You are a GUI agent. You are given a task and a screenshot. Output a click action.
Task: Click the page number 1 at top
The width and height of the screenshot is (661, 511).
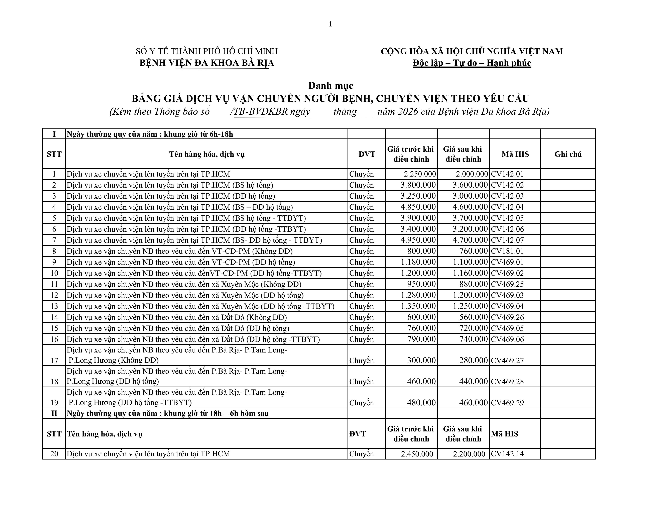click(330, 24)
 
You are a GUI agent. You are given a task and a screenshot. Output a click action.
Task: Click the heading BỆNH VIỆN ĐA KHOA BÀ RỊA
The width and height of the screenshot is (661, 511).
click(207, 63)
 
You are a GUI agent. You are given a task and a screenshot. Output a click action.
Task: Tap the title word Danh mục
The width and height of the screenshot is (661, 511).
click(330, 86)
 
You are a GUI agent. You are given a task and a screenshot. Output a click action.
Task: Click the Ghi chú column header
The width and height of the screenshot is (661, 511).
click(568, 154)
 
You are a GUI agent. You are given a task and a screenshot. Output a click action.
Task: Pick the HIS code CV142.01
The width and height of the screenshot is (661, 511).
click(507, 174)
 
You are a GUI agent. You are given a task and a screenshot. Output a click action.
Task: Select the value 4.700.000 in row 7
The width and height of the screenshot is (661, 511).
click(470, 240)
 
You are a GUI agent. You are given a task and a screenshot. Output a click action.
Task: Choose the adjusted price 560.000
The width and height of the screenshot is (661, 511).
click(473, 317)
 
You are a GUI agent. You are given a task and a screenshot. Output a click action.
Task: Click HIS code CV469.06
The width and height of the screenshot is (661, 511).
click(507, 339)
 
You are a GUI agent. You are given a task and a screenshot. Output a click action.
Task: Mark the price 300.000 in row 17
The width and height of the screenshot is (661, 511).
click(421, 360)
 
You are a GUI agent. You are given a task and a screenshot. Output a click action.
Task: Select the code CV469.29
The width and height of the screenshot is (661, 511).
click(507, 403)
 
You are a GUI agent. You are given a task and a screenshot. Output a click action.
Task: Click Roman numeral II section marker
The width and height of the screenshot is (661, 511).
click(54, 413)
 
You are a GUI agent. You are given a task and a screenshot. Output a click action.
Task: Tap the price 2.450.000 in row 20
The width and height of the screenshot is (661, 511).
click(417, 454)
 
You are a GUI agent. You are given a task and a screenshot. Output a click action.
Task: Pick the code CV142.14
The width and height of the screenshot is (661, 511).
click(507, 454)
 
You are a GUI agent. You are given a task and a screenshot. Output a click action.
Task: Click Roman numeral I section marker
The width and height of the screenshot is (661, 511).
click(54, 134)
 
